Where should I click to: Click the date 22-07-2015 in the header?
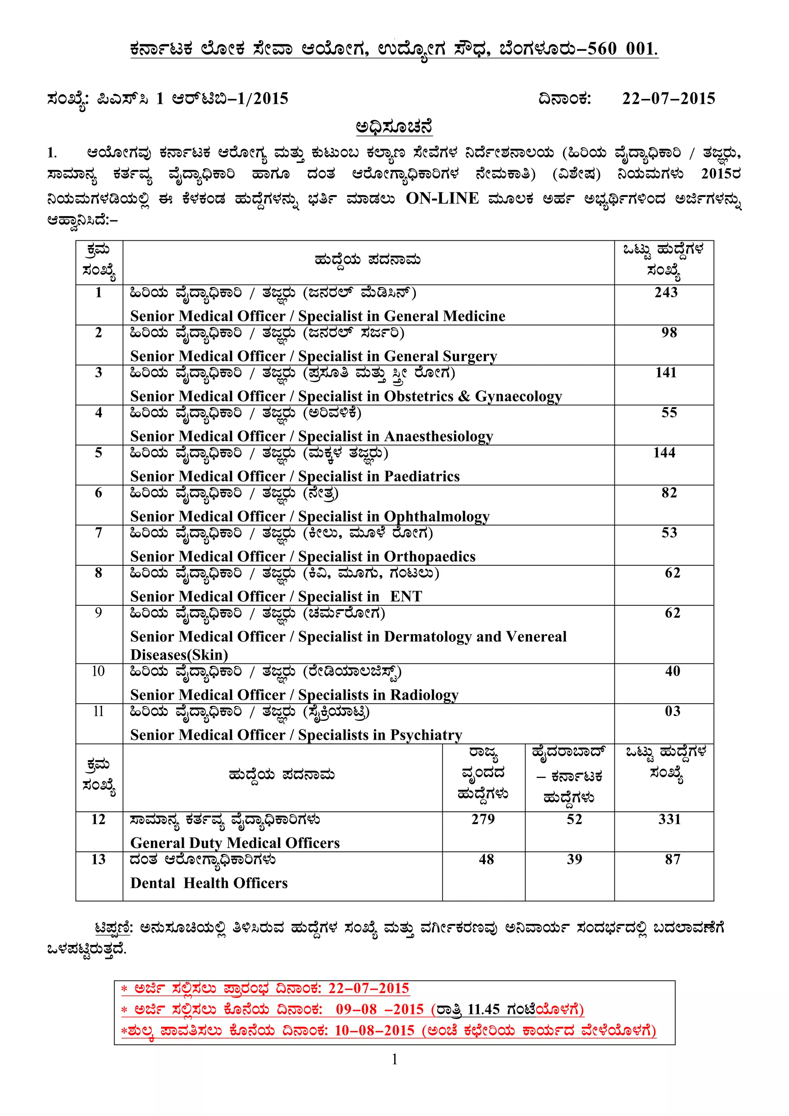pos(668,99)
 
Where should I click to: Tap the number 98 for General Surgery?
pos(669,332)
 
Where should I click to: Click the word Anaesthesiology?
pos(438,436)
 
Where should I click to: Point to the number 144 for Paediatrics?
pos(664,453)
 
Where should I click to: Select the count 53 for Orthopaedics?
pos(669,533)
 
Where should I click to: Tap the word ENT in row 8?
pos(406,597)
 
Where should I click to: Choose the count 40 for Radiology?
pos(672,671)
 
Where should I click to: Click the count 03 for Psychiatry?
pos(672,712)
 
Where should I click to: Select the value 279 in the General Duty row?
pos(483,819)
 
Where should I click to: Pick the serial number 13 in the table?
pos(98,860)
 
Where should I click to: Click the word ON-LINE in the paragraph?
pos(442,198)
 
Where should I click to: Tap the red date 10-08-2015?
pos(374,1031)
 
